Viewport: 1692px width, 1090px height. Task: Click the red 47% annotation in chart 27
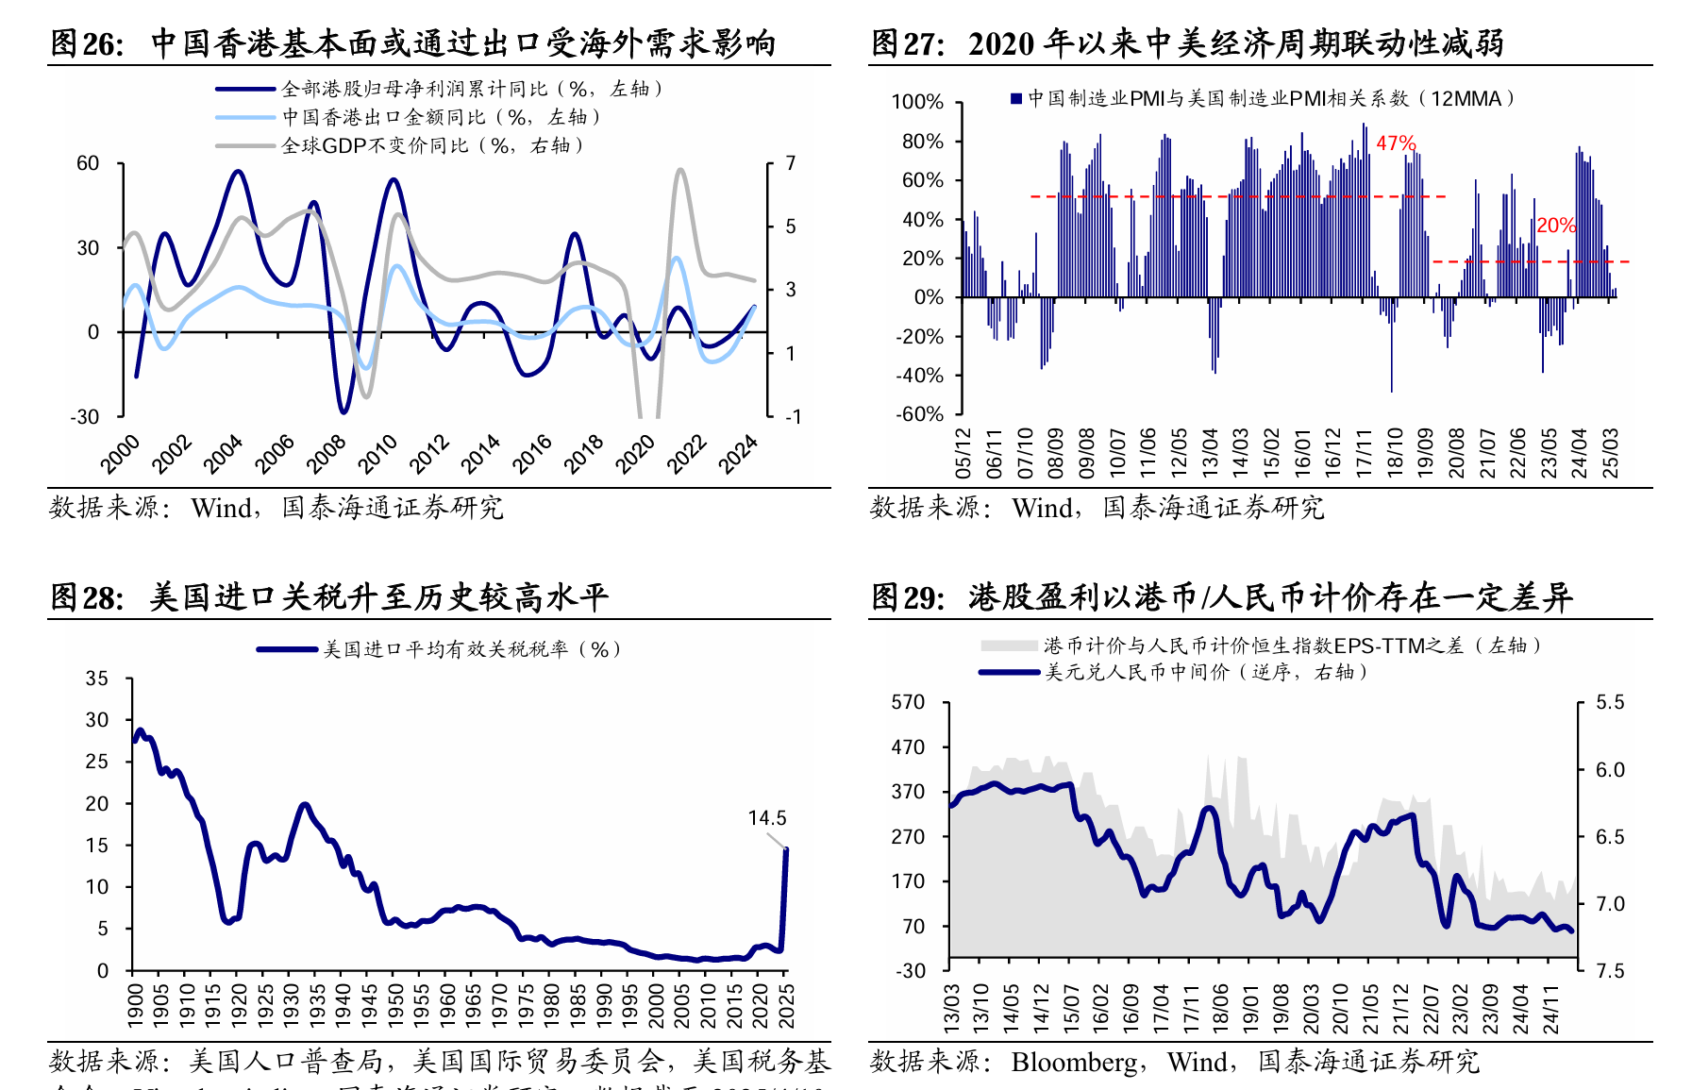point(1396,143)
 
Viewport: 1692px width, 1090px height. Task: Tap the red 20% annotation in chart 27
point(1555,226)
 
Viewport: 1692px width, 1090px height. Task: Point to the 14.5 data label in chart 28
point(766,818)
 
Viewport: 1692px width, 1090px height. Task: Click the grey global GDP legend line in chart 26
point(247,145)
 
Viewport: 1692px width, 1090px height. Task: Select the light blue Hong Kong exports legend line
point(247,117)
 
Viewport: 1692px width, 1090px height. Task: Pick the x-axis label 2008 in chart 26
point(327,454)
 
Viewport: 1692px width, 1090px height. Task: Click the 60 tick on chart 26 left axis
point(88,163)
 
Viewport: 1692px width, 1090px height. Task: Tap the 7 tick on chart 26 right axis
point(791,163)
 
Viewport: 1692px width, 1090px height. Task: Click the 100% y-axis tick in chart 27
point(917,102)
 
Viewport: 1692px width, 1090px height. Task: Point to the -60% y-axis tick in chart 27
point(919,414)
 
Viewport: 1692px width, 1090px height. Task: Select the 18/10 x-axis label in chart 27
point(1394,453)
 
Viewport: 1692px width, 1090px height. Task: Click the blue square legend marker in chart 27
point(1016,98)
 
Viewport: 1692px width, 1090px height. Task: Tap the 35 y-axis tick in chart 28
point(97,679)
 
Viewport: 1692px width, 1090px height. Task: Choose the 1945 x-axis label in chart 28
point(369,1006)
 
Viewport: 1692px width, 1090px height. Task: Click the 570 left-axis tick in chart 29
point(908,702)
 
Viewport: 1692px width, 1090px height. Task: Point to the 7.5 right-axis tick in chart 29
point(1610,971)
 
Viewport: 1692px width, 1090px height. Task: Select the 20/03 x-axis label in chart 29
point(1311,1008)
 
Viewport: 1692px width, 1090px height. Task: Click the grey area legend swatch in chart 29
point(1009,646)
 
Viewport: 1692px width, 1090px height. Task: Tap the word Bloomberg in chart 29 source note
point(1074,1063)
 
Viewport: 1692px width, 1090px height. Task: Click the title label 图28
point(85,597)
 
